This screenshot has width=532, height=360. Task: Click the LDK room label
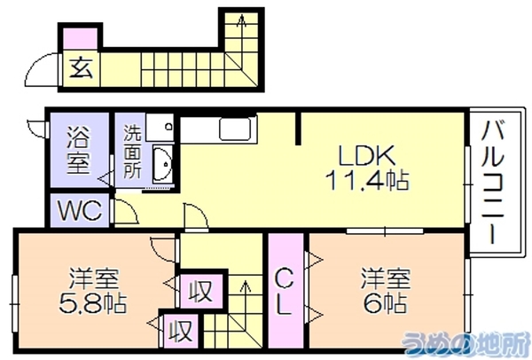pos(367,156)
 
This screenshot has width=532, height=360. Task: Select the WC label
pos(80,210)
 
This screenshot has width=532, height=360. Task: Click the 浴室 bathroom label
pos(79,150)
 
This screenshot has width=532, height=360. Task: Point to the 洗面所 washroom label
pos(132,152)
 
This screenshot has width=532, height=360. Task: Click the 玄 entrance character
pos(82,67)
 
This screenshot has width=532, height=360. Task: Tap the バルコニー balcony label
pos(493,182)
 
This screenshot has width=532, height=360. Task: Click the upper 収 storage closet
pos(201,291)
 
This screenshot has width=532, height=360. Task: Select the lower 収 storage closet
pos(181,331)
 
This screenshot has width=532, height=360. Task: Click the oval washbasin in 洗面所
pos(162,164)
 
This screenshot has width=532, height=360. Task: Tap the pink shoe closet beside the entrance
pos(81,39)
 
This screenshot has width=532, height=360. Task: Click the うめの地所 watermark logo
pos(465,342)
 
